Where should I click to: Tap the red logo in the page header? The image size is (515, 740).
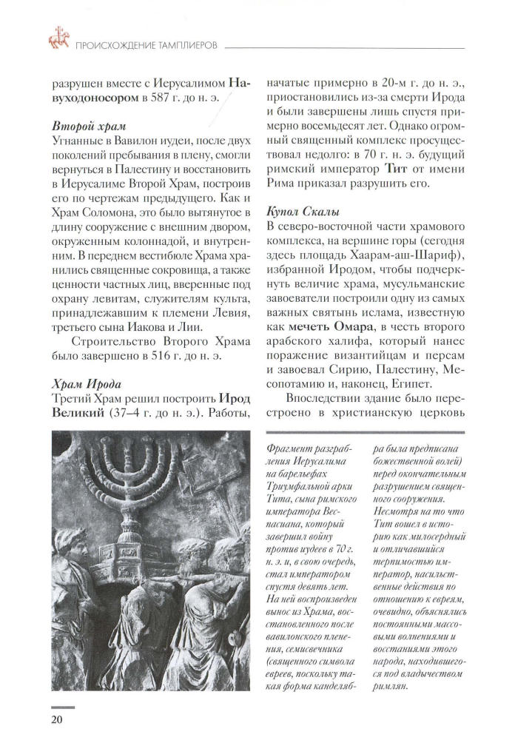[x=57, y=36]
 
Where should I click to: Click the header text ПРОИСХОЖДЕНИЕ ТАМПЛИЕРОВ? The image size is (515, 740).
[x=145, y=46]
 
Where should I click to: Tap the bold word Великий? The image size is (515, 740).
[x=77, y=413]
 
